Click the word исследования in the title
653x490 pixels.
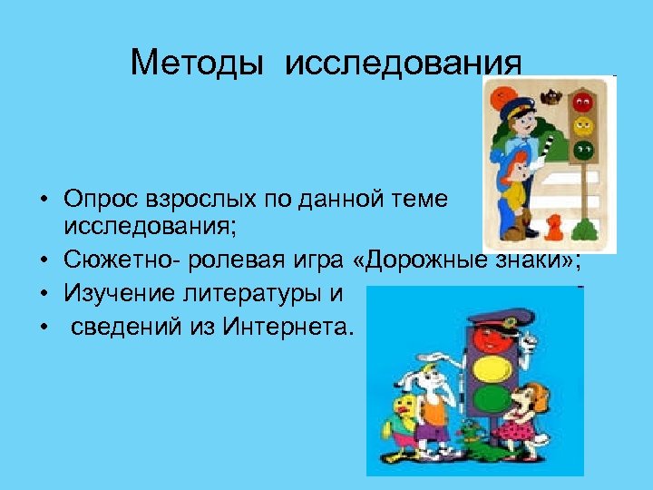click(404, 64)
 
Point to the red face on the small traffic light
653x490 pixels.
click(584, 98)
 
